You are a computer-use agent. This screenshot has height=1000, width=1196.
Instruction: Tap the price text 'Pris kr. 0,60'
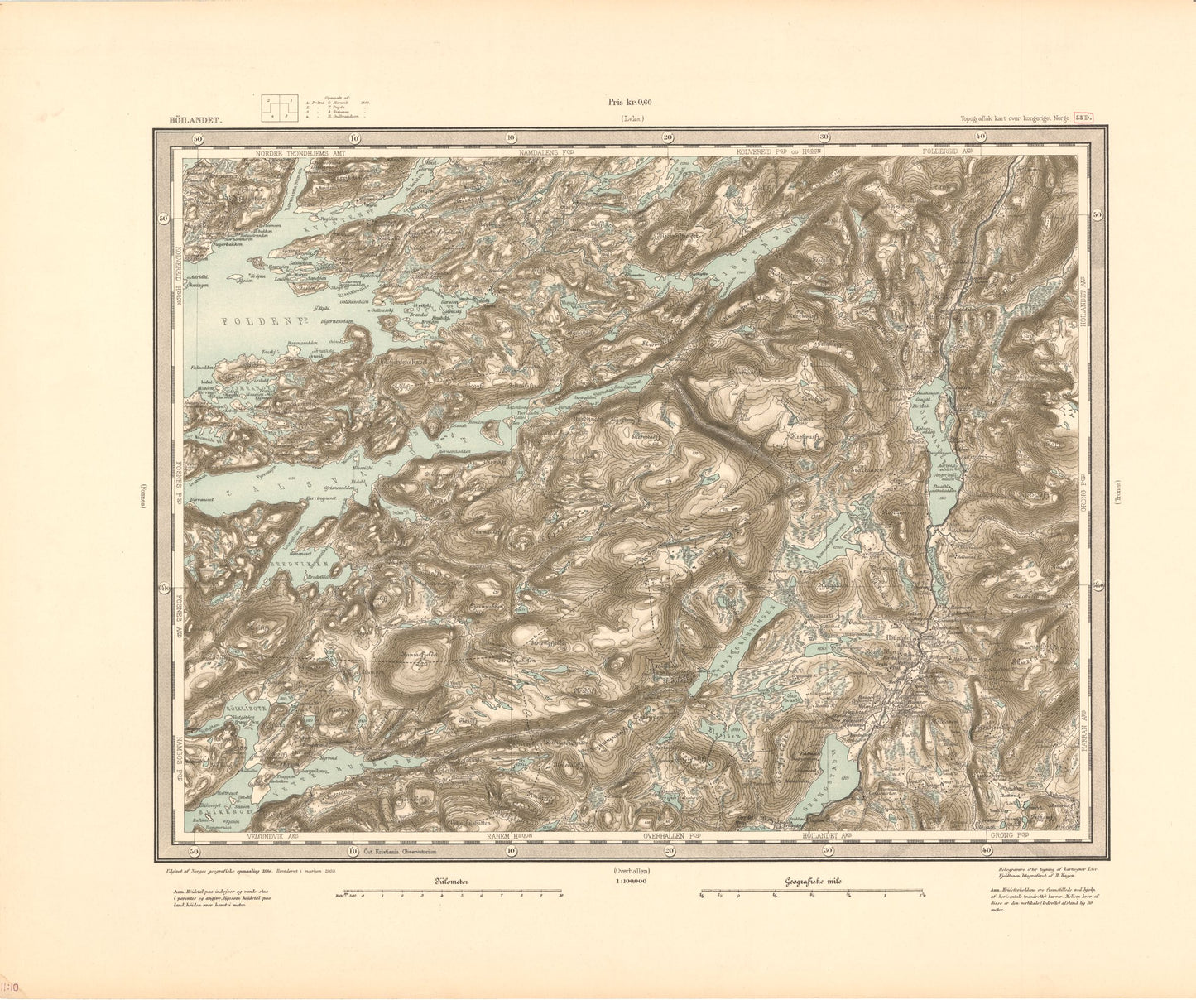point(630,103)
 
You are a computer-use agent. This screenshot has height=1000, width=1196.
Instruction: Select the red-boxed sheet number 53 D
point(1084,119)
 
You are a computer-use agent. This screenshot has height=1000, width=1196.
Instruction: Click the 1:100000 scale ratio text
point(631,882)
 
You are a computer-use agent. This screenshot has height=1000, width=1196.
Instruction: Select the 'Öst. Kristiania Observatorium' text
point(401,851)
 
